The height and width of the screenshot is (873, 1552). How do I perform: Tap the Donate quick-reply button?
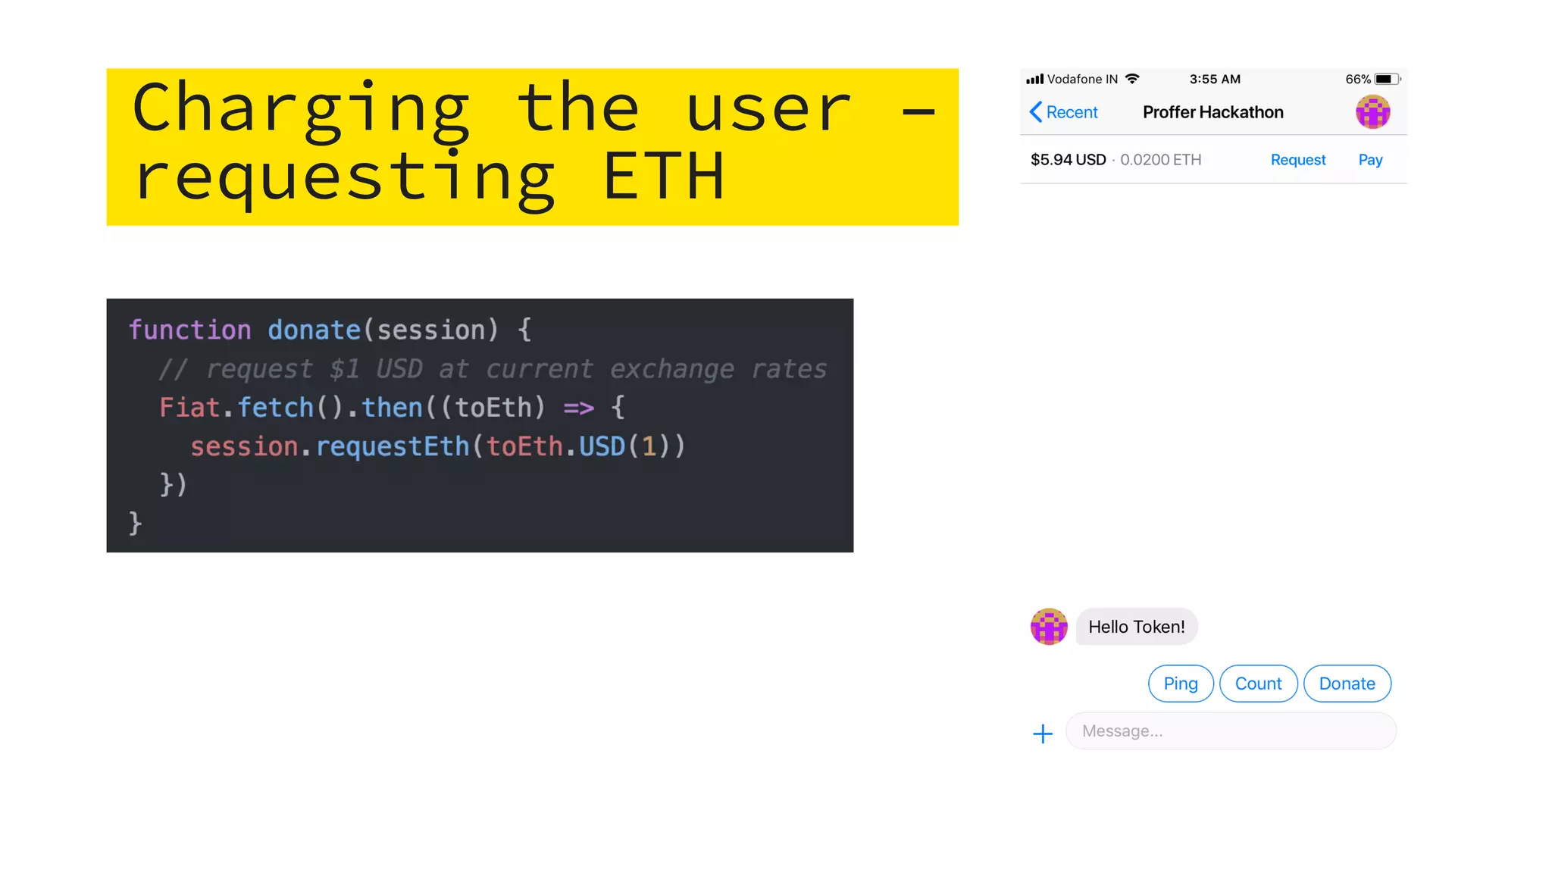[x=1347, y=684]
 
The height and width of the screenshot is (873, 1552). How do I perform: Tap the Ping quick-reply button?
[x=1181, y=684]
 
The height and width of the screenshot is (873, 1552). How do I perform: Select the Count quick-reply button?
[x=1258, y=684]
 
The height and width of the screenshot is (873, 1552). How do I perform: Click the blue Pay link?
[x=1370, y=160]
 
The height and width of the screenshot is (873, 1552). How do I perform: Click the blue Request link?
[x=1298, y=160]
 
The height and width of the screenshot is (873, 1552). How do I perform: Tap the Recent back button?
[x=1064, y=112]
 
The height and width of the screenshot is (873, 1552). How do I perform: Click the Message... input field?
[x=1231, y=731]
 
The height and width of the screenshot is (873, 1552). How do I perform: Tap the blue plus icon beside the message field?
[x=1043, y=734]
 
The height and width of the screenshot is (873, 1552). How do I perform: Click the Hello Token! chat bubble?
[x=1136, y=627]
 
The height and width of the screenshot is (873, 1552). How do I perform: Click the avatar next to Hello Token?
[x=1049, y=627]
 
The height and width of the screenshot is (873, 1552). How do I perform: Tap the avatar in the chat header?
[x=1372, y=112]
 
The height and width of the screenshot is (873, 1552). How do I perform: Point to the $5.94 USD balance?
[x=1068, y=160]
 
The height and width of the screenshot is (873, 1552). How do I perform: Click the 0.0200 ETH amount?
[x=1160, y=160]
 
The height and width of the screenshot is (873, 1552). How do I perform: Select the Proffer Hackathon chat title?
[x=1212, y=112]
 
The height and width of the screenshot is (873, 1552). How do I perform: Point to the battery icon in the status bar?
[x=1386, y=79]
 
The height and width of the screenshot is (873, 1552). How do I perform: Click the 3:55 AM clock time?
[x=1215, y=79]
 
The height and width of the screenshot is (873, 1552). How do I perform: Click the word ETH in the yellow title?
[x=664, y=177]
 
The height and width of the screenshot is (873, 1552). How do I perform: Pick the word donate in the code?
[x=314, y=330]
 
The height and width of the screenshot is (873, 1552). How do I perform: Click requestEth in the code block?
[x=393, y=446]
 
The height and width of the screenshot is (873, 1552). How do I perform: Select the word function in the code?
[x=189, y=330]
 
